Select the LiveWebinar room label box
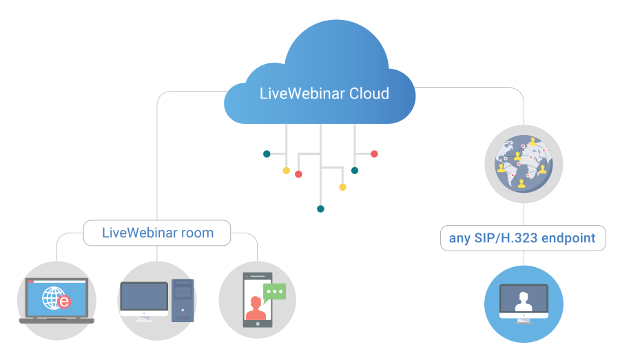(157, 233)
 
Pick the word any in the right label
(459, 239)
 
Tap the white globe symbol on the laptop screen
(52, 297)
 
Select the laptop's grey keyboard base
(56, 320)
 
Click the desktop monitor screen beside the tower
(144, 297)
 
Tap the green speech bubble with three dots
(274, 292)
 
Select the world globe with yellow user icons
(524, 164)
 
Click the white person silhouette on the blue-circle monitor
(524, 300)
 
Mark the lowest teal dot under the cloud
(320, 209)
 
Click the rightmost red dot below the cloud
(374, 153)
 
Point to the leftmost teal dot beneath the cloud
(267, 153)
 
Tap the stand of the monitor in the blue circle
(524, 319)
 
